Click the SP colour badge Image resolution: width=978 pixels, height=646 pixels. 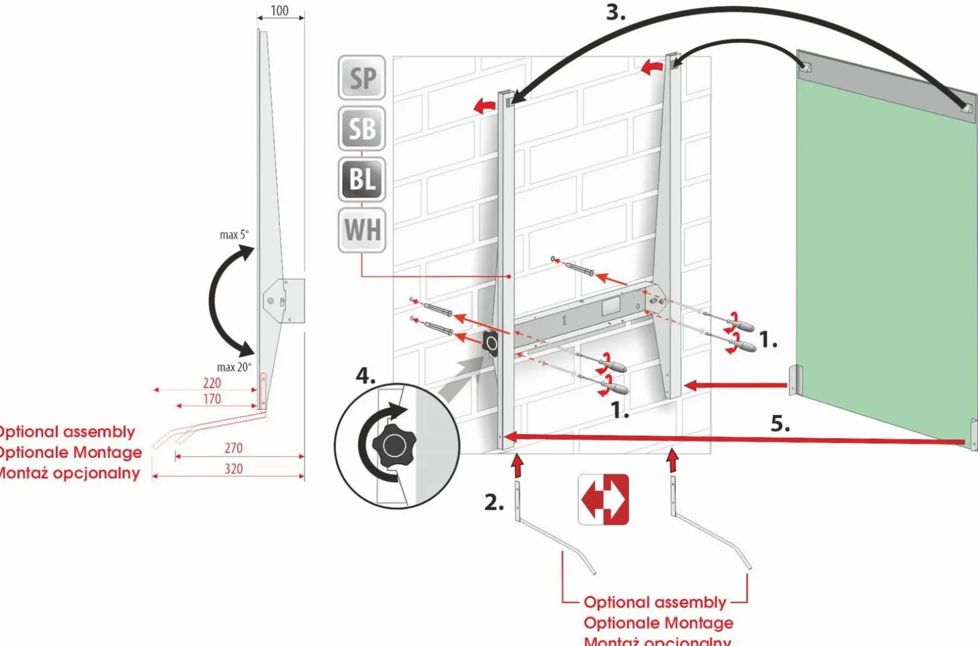click(x=362, y=77)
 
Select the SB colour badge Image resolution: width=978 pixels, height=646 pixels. click(x=362, y=128)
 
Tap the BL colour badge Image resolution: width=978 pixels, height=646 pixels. click(x=362, y=179)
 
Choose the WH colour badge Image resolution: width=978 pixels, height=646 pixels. click(x=362, y=229)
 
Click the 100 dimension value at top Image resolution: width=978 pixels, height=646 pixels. click(x=279, y=11)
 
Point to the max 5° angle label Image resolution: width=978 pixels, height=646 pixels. click(x=234, y=235)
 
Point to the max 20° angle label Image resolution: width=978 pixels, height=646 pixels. click(x=234, y=367)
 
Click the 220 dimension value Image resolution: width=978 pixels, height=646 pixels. click(x=212, y=383)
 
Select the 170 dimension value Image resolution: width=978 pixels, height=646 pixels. click(x=212, y=399)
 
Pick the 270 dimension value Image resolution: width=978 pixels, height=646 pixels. click(x=233, y=448)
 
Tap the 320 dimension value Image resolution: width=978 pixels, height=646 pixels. click(x=233, y=469)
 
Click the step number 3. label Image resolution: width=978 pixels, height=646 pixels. click(x=615, y=13)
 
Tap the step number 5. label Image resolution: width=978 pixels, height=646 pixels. click(x=780, y=424)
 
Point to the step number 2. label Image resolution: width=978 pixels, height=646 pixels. click(x=494, y=502)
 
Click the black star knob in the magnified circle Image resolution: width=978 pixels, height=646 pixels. click(x=394, y=445)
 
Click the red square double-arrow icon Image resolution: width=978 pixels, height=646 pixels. click(x=603, y=499)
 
